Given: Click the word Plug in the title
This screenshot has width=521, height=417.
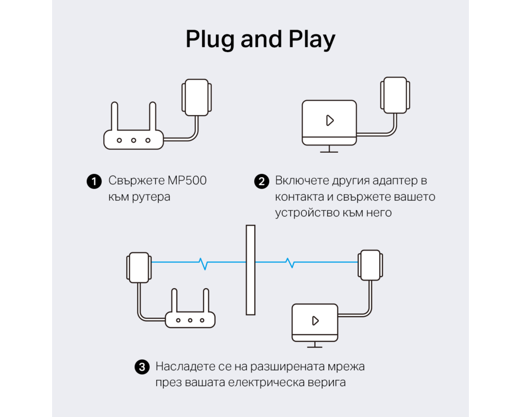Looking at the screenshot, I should tap(209, 40).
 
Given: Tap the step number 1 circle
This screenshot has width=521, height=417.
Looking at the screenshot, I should tap(93, 181).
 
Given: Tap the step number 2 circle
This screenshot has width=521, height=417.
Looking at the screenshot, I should tap(260, 181).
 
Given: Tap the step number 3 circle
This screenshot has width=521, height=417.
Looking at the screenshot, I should tap(142, 367).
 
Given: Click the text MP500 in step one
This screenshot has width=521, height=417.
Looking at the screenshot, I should tap(187, 181).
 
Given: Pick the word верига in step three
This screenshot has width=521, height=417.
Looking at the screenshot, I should tap(328, 383).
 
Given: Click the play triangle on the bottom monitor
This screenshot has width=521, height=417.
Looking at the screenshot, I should tap(315, 320).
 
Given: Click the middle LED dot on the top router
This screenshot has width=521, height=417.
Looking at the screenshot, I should tap(134, 140).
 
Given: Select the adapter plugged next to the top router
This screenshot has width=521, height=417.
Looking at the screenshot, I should tap(196, 97).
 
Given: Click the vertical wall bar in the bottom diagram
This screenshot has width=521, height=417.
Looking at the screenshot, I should tap(251, 270).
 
